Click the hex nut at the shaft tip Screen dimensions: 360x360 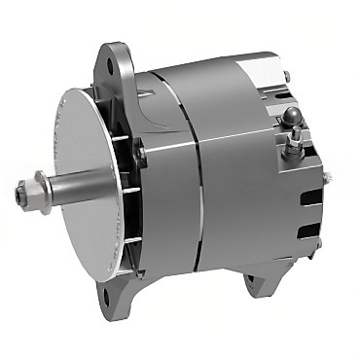point(22,192)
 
